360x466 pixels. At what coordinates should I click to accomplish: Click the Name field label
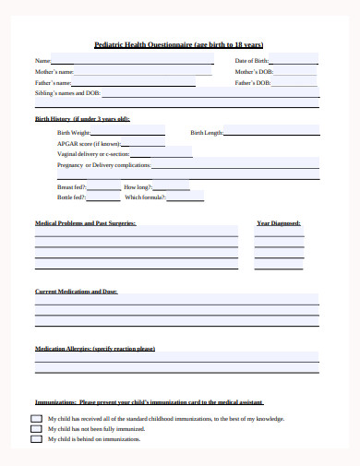click(43, 61)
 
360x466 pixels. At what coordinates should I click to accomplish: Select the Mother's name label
click(54, 71)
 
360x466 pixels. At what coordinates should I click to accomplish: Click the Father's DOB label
click(252, 82)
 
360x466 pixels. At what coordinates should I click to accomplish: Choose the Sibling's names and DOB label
click(67, 93)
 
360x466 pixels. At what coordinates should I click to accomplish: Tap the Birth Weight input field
click(128, 132)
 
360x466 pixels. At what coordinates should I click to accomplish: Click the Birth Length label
click(207, 132)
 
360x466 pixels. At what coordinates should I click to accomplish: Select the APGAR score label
click(90, 143)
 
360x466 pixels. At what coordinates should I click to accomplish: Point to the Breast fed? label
click(71, 186)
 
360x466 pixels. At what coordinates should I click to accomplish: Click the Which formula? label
click(145, 197)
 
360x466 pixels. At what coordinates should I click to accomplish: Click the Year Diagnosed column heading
click(278, 223)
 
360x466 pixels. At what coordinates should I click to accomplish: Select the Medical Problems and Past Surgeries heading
click(86, 223)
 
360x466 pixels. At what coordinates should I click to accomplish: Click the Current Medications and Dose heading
click(76, 292)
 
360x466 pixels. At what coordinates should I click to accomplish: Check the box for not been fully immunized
click(36, 429)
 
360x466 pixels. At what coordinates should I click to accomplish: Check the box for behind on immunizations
click(36, 439)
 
